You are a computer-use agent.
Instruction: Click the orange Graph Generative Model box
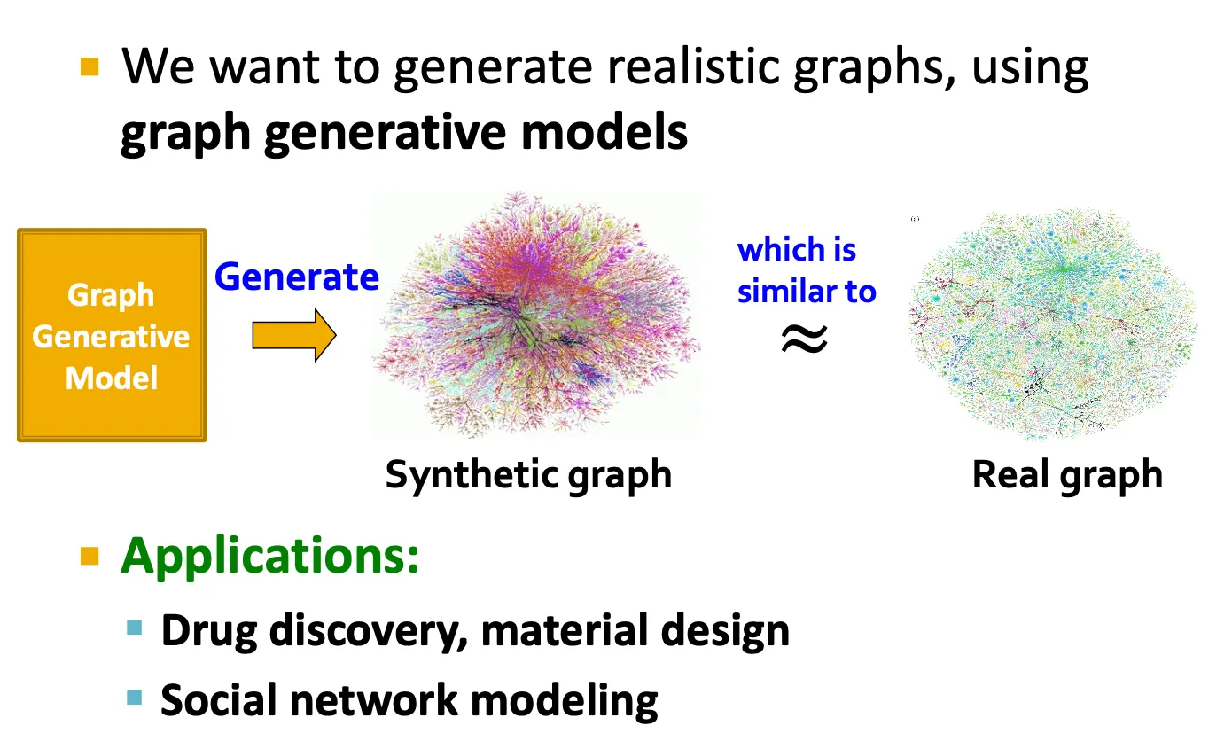coord(112,335)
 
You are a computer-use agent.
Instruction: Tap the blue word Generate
coord(296,277)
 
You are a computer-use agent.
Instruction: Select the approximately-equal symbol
coord(804,338)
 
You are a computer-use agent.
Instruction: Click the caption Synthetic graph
coord(528,475)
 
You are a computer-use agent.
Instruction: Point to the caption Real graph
coord(1067,475)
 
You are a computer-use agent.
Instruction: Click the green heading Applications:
coord(269,557)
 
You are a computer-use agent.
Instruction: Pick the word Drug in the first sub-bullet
coord(208,631)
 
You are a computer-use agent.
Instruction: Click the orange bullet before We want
coord(90,66)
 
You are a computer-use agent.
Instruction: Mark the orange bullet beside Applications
coord(90,556)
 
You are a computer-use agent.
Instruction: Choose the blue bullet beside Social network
coord(134,698)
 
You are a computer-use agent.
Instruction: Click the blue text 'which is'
coord(797,250)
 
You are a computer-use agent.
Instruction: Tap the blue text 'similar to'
coord(807,291)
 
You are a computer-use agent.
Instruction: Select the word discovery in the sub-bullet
coord(367,631)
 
